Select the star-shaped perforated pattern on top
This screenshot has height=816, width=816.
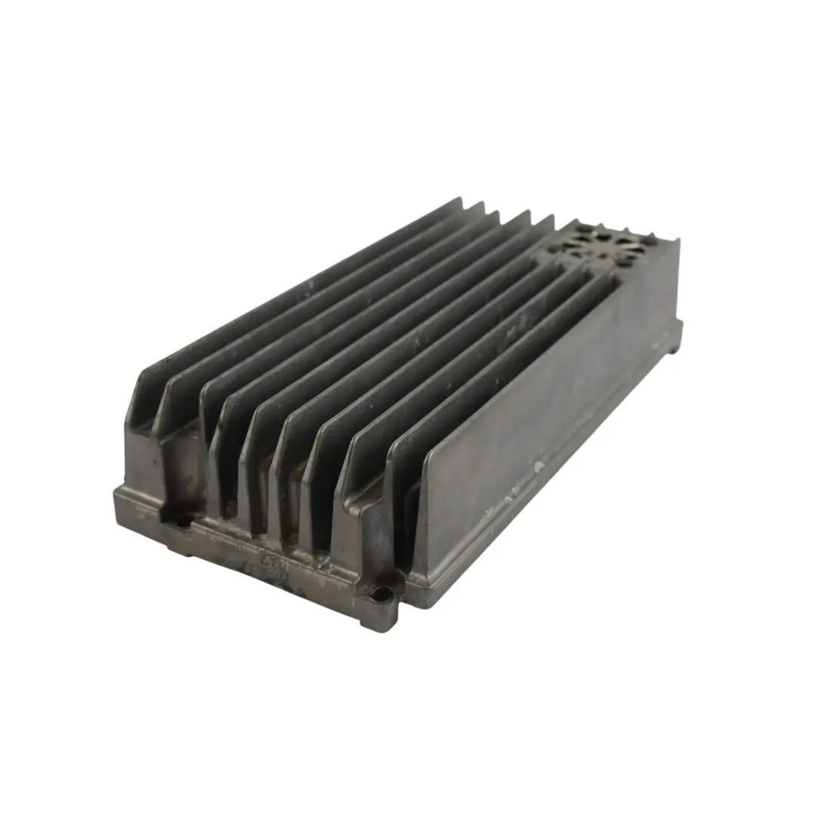pos(601,243)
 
